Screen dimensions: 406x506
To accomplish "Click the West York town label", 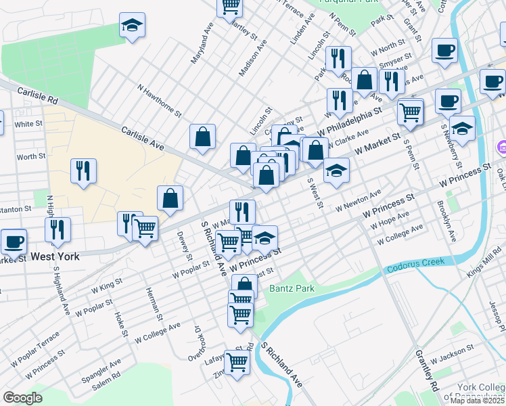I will coord(54,256).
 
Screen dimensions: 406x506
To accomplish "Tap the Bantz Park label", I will coord(293,288).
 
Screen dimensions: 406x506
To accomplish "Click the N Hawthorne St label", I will coord(160,100).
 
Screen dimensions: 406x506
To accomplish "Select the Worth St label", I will coord(31,156).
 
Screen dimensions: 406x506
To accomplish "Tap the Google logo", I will coord(22,398).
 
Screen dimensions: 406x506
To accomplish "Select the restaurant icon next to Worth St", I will coord(83,171).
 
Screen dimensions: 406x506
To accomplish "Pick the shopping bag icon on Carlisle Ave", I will coord(202,137).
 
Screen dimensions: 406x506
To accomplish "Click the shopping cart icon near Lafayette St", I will coord(237,362).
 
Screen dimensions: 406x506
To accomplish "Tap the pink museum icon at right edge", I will coord(502,146).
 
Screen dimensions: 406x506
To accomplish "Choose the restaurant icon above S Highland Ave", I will coord(58,229).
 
